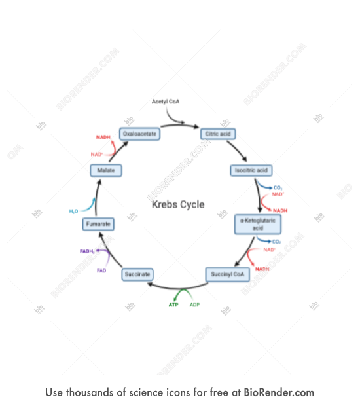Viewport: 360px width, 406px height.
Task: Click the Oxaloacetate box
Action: (140, 134)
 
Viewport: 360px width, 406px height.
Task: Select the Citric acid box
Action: (217, 134)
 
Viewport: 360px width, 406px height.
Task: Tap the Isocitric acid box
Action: (252, 170)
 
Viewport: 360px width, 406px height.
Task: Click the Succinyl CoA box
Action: (227, 274)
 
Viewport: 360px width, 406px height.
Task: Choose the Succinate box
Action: (137, 274)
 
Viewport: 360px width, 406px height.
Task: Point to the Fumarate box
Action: (98, 225)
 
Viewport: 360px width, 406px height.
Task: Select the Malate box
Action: (106, 170)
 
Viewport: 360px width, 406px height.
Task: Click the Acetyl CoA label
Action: (166, 102)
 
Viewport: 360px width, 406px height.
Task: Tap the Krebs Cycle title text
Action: (178, 204)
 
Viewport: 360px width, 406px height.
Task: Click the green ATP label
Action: (173, 304)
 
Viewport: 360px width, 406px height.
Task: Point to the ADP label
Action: (195, 304)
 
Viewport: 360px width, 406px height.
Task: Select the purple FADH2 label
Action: (87, 251)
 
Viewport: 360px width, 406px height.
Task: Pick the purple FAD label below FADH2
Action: (101, 270)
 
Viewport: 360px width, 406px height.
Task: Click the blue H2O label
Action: (73, 212)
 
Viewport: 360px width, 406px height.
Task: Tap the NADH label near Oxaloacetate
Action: (103, 138)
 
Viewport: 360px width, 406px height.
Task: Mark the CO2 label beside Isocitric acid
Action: (278, 188)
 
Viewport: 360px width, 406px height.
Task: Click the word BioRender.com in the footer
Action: (279, 392)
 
